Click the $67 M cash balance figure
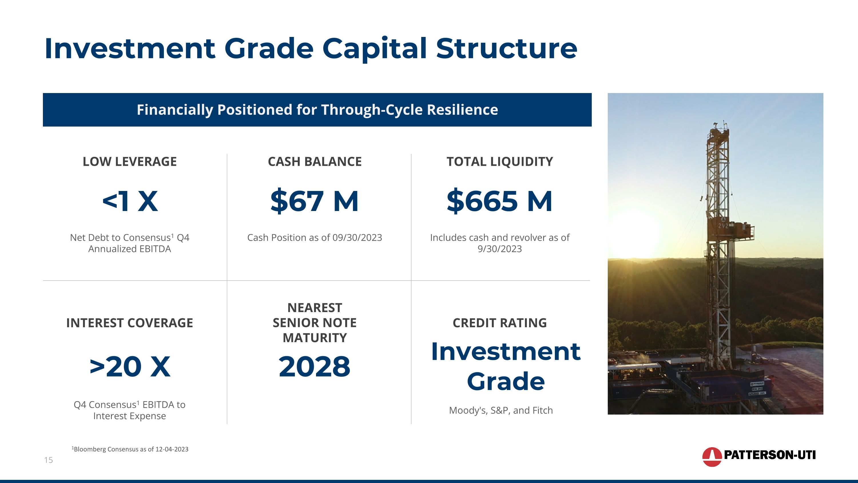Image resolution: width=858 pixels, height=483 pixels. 314,201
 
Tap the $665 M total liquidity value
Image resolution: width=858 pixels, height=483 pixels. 500,201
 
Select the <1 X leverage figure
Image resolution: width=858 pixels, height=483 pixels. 130,201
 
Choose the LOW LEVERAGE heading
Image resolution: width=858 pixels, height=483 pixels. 130,162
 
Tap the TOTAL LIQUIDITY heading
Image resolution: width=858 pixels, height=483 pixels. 500,162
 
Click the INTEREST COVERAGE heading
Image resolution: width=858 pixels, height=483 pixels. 130,323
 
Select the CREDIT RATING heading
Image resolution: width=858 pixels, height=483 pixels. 500,323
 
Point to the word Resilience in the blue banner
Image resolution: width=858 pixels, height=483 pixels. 463,110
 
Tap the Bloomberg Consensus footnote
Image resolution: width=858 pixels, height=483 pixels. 130,449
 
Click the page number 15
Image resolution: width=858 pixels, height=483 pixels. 49,460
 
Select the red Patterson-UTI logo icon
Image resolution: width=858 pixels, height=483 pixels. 712,457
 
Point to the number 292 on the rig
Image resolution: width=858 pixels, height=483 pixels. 723,226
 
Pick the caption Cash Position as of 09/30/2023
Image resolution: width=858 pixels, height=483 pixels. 314,238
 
